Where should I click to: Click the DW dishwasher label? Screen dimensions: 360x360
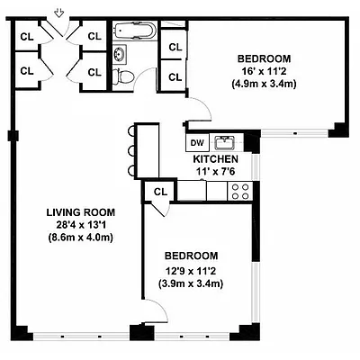coord(196,142)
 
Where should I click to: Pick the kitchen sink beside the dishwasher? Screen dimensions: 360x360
coord(228,142)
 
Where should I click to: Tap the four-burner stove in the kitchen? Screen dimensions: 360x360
coord(240,191)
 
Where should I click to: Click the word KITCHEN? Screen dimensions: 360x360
coord(215,158)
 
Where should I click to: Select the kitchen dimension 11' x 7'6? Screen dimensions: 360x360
coord(215,171)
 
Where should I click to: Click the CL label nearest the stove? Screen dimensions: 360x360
coord(160,192)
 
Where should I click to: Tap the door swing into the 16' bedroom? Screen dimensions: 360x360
coord(200,110)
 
